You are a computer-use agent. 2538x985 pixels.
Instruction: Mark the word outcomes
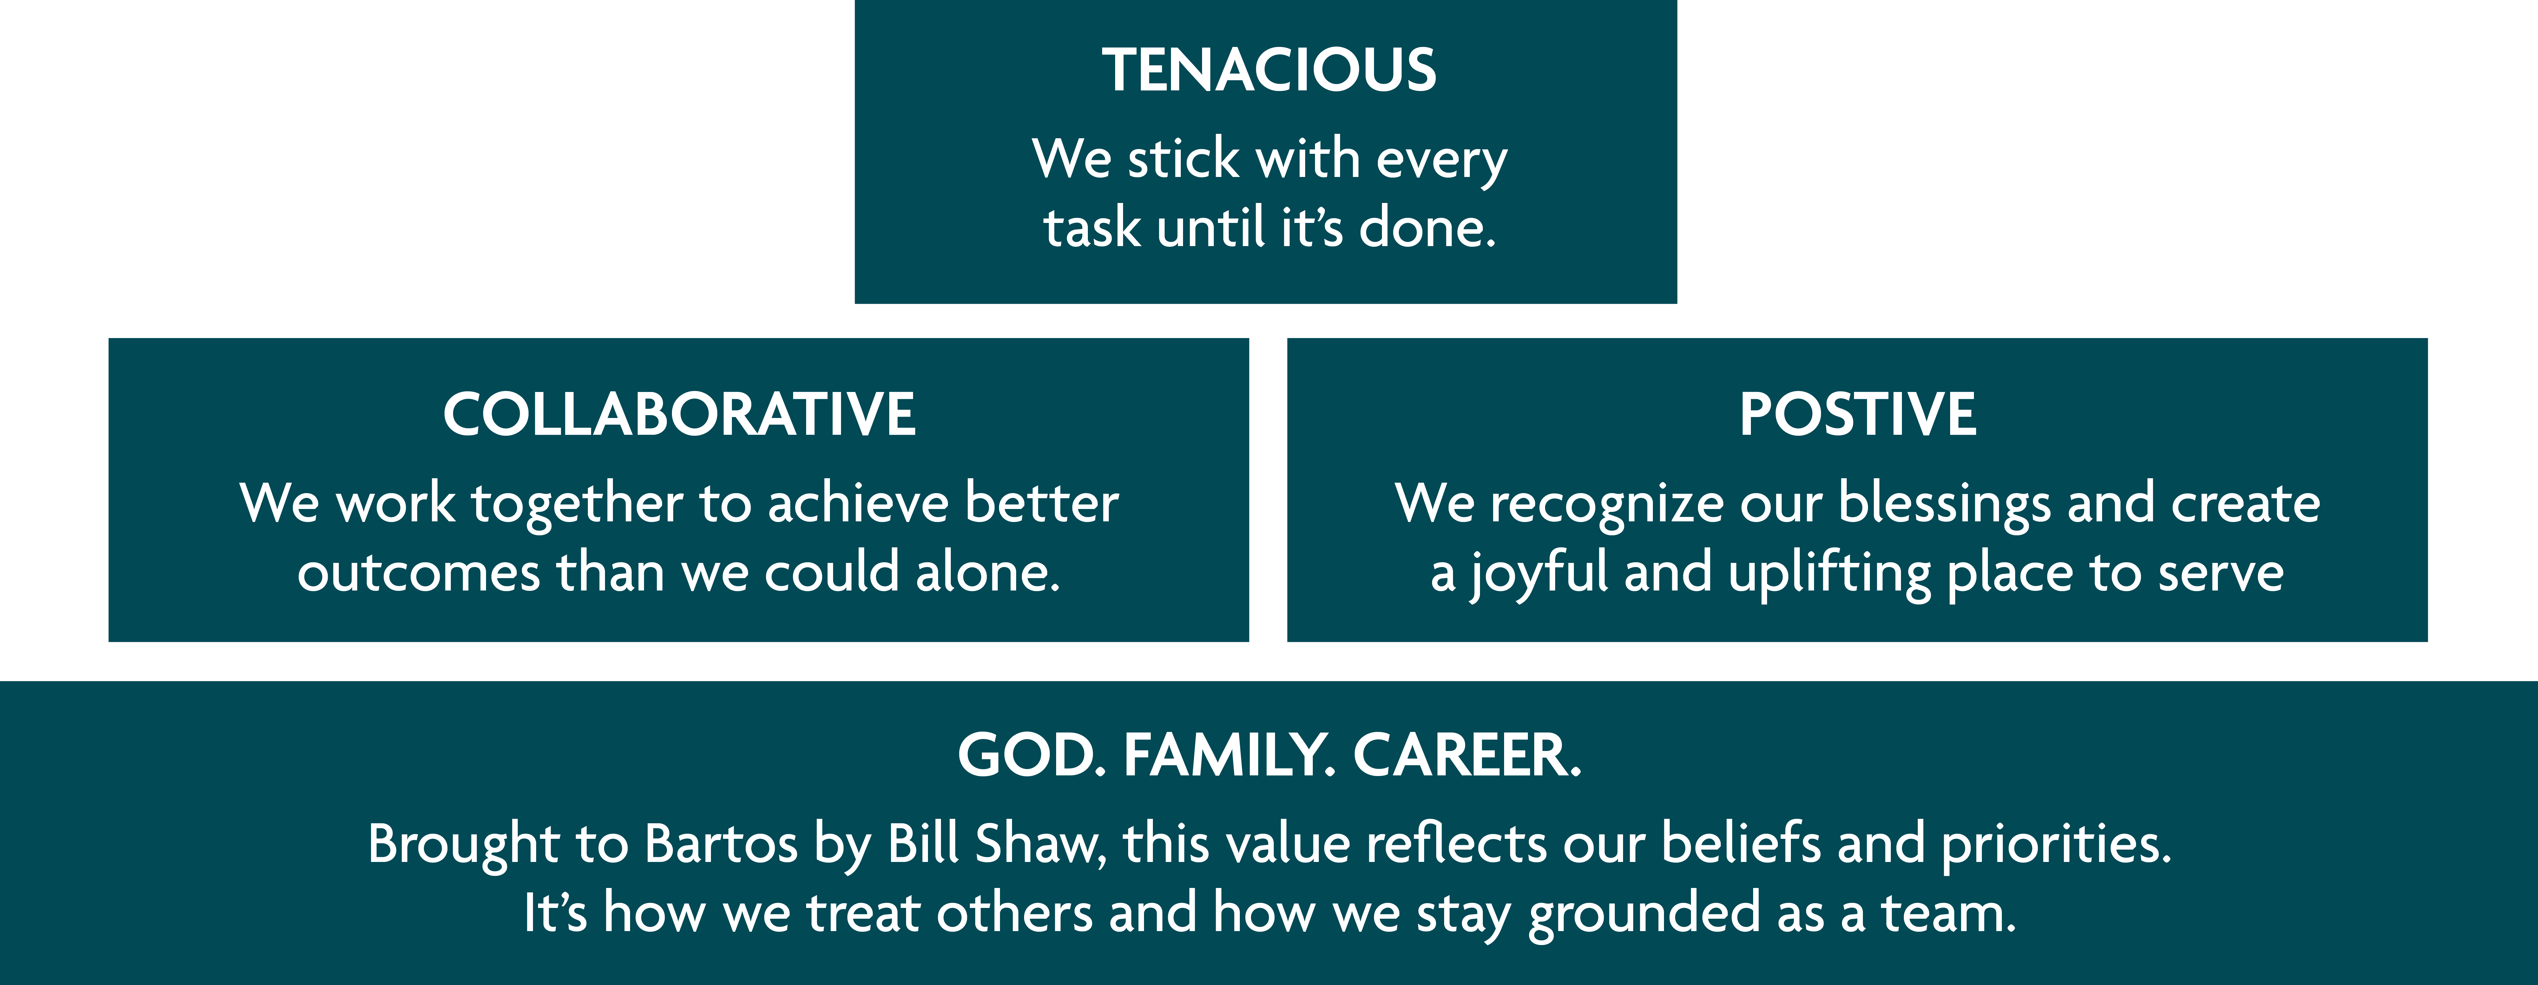tap(419, 573)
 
